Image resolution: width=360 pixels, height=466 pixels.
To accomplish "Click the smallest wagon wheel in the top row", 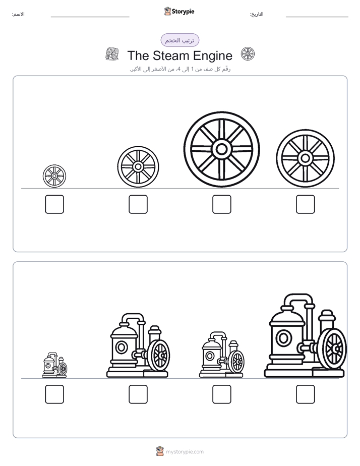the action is [54, 176].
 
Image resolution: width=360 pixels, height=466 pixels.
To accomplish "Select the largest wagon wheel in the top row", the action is [221, 149].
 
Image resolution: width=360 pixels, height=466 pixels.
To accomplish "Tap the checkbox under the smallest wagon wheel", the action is [54, 204].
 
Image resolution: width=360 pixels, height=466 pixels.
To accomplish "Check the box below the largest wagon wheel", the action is [221, 204].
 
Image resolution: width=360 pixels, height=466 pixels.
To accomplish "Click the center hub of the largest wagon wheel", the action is [221, 149].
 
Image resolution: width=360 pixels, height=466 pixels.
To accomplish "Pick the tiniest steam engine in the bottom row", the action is [54, 365].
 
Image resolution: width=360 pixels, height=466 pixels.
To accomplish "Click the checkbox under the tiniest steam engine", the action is [54, 394].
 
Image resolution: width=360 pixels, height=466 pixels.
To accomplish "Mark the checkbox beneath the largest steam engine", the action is [306, 394].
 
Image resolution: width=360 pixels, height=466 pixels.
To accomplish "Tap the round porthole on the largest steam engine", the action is [284, 338].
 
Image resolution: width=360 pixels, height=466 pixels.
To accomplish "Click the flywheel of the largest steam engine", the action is [334, 348].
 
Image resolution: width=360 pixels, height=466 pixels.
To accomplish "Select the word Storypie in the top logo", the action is [183, 12].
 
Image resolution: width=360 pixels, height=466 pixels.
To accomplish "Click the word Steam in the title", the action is [171, 55].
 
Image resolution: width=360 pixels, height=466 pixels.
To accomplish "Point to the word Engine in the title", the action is [213, 56].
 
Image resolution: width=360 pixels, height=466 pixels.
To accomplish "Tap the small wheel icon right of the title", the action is [248, 54].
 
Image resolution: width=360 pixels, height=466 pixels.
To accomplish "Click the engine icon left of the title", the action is [112, 54].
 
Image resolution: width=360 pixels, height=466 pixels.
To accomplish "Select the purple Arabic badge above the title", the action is [179, 40].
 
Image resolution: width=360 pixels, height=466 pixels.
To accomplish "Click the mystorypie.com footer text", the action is [185, 452].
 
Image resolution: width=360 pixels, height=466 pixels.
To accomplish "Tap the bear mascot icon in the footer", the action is [160, 451].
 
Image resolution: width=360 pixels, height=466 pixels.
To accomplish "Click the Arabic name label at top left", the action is [18, 14].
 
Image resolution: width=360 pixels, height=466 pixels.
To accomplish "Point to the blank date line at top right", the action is [317, 17].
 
